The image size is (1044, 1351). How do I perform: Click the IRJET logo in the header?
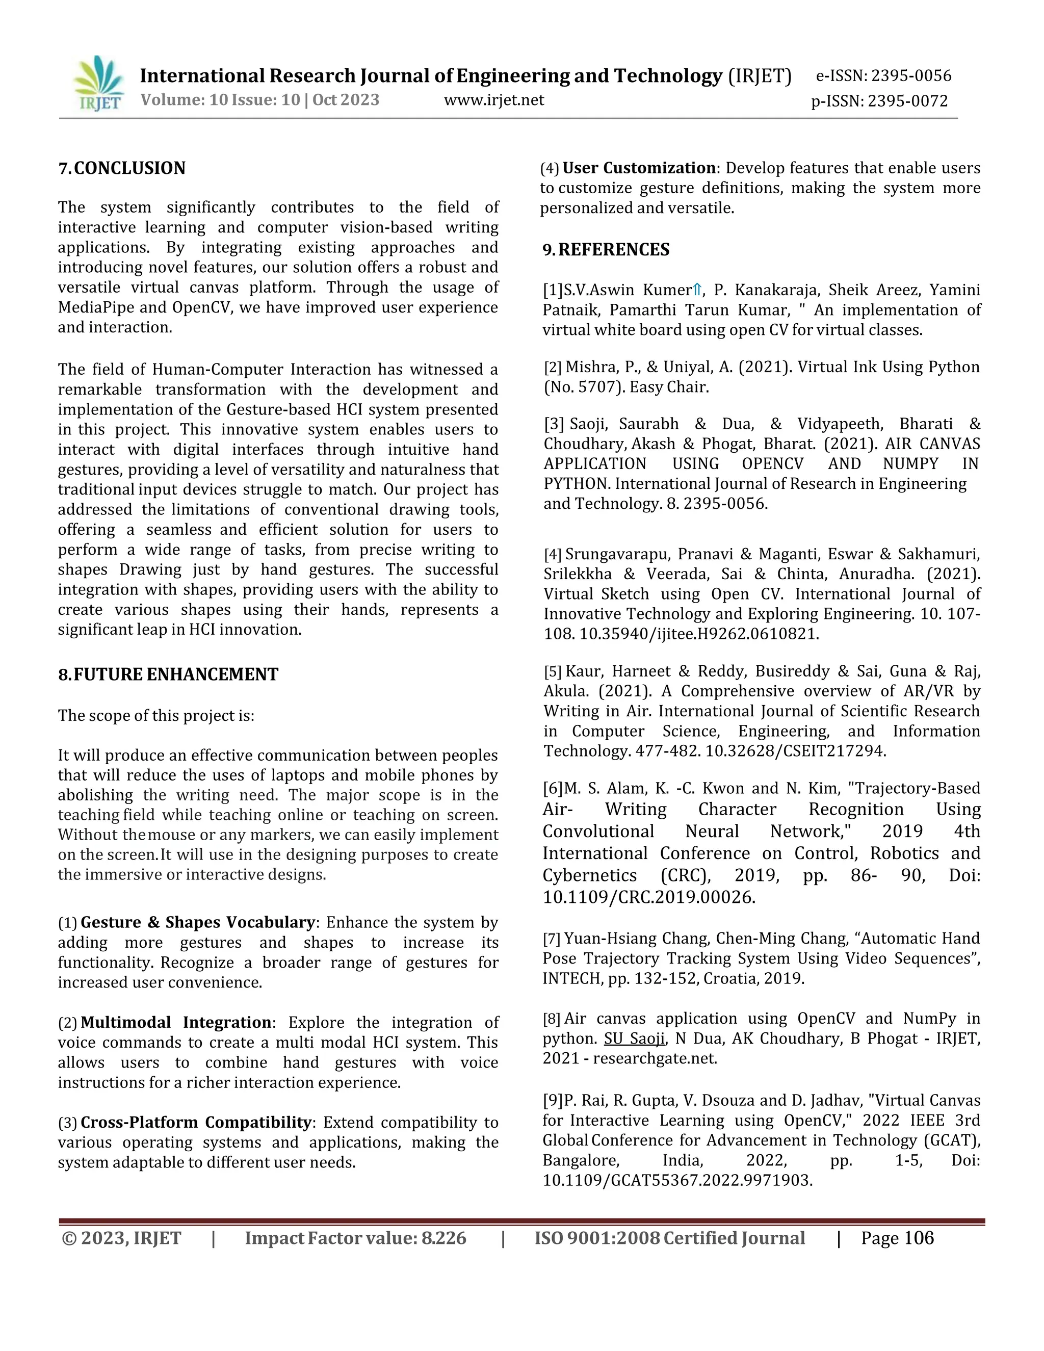click(98, 84)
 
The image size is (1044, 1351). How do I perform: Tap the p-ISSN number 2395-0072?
click(907, 101)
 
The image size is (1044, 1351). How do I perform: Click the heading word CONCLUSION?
click(130, 168)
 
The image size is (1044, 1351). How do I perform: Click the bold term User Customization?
click(639, 168)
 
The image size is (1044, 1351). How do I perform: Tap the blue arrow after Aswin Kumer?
click(697, 290)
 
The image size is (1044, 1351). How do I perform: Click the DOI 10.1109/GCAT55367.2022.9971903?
click(677, 1180)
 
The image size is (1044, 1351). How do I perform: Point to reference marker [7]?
click(552, 939)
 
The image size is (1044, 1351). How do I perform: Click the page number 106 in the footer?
click(919, 1238)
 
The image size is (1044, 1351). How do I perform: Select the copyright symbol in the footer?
click(69, 1238)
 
